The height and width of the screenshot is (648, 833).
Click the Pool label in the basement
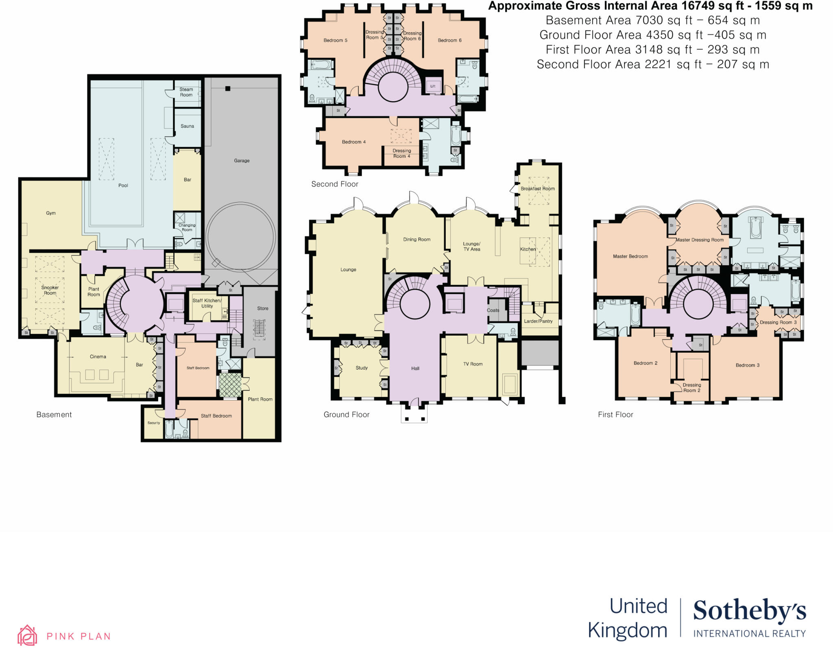123,185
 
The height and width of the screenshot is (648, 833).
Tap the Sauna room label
187,126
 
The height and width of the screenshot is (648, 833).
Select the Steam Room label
186,92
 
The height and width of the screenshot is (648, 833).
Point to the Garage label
242,161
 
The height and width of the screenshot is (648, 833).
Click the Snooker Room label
50,290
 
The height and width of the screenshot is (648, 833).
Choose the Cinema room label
98,357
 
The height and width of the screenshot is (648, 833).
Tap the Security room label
154,423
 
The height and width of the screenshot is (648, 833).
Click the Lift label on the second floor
433,86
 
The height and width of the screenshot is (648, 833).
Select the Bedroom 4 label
353,142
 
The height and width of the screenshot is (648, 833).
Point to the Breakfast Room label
537,189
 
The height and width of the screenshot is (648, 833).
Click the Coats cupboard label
493,310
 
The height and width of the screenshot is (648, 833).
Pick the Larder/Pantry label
538,321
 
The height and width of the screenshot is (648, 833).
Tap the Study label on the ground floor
362,368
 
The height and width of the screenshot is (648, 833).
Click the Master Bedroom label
630,256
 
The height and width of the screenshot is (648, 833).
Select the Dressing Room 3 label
778,323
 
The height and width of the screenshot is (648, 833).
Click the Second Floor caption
335,184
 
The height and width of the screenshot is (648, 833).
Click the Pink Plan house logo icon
27,635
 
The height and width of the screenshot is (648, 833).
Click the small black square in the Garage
228,89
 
